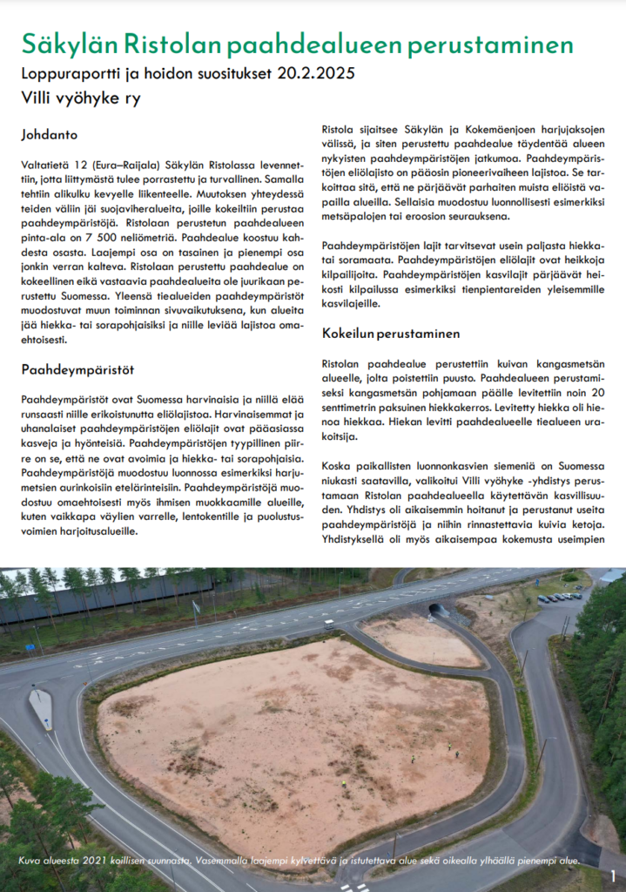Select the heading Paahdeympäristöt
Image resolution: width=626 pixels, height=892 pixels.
click(x=77, y=369)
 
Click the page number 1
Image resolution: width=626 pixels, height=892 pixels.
click(x=613, y=875)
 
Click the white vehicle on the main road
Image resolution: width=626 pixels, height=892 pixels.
click(x=329, y=624)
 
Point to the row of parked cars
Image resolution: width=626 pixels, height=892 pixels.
click(x=561, y=598)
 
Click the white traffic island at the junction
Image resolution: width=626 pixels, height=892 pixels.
click(x=41, y=707)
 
